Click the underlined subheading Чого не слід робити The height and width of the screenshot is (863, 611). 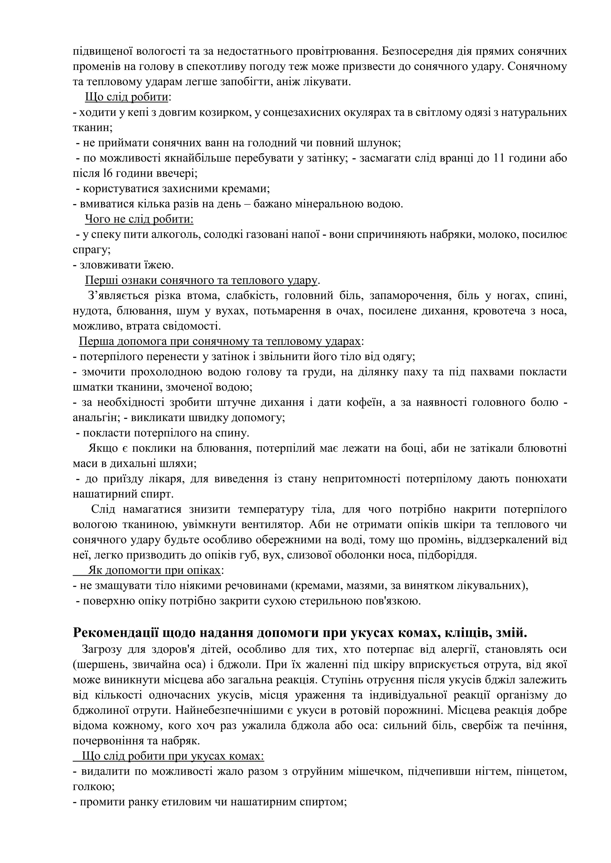[x=139, y=219]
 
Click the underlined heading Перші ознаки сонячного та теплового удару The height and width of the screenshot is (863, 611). [x=202, y=280]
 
